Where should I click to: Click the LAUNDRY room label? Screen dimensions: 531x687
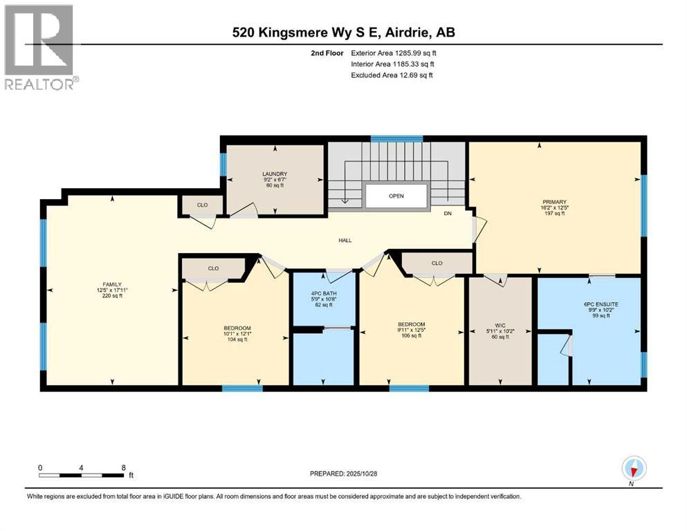275,174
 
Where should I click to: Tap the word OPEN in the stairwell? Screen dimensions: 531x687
396,196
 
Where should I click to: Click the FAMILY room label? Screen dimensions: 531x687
111,283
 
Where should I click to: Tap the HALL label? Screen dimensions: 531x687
345,241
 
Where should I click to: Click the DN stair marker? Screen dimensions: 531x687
448,214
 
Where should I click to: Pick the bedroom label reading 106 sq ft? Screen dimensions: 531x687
411,324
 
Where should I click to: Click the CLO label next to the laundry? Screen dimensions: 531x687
202,205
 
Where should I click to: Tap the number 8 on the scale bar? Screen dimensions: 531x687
123,467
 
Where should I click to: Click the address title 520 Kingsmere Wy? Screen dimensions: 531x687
342,32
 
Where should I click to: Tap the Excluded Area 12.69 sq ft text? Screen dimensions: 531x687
392,75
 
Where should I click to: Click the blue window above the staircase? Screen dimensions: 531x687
396,139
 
